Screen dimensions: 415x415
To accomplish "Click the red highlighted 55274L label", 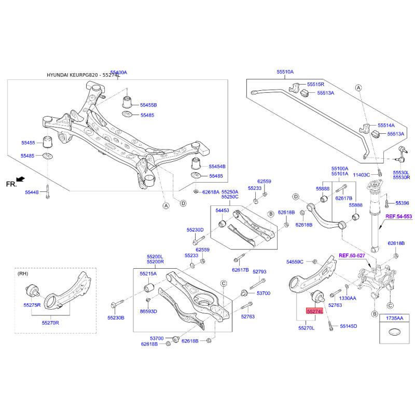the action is (x=314, y=312).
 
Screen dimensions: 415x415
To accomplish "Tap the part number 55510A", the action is (x=285, y=72).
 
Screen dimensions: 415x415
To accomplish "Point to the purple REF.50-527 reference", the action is (x=351, y=256).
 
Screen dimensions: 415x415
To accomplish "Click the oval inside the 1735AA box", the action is (x=394, y=334).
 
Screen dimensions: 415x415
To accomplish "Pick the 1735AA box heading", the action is (x=394, y=317).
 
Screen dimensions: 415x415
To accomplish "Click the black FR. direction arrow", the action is (x=20, y=179).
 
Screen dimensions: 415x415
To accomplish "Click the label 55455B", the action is (x=148, y=105).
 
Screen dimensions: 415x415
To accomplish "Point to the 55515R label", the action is (x=315, y=84).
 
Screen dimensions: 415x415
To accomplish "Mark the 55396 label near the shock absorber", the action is (x=402, y=203).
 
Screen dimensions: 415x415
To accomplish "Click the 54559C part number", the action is (x=295, y=262).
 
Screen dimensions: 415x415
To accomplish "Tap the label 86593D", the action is (x=148, y=311).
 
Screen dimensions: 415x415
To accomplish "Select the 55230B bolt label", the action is (x=116, y=317).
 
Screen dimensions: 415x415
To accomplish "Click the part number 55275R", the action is (x=32, y=305).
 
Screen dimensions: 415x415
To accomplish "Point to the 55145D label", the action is (x=349, y=326).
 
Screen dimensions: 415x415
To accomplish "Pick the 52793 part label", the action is (x=259, y=272).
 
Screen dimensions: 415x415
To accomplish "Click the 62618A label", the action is (x=211, y=192).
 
